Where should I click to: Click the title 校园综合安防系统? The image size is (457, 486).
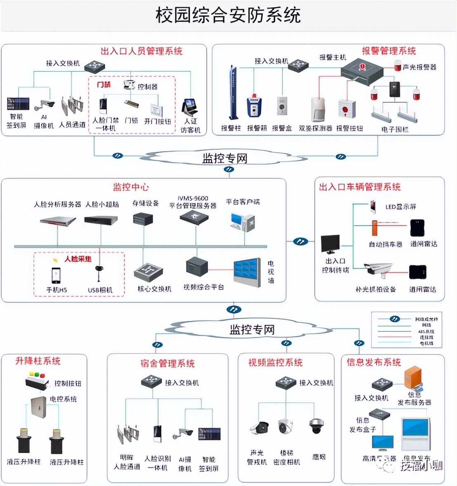coord(228,15)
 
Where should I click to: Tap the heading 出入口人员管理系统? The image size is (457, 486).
coord(141,51)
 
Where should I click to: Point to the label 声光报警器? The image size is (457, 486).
coord(419,67)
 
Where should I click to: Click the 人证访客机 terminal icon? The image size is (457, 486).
coord(190,107)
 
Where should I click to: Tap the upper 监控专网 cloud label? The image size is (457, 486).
coord(225,158)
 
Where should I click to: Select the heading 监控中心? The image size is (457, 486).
coord(131,187)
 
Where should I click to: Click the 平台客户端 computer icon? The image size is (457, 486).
coord(243,222)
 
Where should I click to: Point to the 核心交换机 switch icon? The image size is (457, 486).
coord(148,272)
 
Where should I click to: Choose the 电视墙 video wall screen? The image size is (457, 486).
coord(247,272)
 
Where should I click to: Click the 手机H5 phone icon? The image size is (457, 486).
coord(56,275)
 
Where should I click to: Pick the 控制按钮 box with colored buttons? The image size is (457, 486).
coord(36,380)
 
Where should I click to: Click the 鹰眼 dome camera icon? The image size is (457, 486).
coord(316,426)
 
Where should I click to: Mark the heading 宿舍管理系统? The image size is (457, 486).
coord(167,363)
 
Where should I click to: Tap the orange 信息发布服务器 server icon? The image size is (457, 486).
coord(413,379)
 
